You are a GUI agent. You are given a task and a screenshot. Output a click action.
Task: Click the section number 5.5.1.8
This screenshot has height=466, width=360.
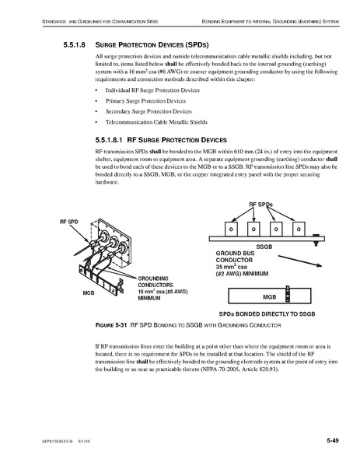75,45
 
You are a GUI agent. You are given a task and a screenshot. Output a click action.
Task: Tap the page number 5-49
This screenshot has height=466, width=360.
333,440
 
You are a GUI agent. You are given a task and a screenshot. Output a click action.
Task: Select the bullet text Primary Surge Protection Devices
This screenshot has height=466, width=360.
145,101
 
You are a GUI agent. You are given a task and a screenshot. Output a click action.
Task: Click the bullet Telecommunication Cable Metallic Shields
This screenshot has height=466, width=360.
156,122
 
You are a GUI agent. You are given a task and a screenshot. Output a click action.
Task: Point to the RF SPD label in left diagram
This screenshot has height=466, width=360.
69,222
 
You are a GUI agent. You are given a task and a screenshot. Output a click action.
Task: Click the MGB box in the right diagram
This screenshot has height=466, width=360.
269,296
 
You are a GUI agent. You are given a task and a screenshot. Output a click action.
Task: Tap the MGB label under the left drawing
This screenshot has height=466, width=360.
89,293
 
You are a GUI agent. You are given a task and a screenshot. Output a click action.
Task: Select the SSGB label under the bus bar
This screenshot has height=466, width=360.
264,247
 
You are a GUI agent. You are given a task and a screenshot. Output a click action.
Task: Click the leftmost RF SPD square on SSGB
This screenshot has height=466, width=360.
231,229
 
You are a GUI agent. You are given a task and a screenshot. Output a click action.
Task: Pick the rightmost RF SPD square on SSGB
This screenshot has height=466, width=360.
299,229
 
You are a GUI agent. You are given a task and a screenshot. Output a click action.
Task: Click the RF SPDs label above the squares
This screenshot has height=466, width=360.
260,205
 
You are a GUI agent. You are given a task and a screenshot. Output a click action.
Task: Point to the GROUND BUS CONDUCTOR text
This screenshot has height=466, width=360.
235,257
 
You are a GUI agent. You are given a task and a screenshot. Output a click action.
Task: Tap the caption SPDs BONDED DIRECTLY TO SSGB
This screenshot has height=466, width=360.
267,314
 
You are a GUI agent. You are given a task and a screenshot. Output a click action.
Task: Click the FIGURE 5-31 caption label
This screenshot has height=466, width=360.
111,325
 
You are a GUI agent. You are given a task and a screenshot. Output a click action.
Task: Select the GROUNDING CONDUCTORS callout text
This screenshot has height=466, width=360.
156,282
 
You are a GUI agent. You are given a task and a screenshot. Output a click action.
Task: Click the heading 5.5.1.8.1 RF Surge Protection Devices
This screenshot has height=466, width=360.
161,140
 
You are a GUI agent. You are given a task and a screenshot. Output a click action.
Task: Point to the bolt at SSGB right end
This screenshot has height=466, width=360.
316,240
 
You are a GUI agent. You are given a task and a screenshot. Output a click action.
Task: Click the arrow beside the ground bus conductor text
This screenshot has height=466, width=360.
300,261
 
